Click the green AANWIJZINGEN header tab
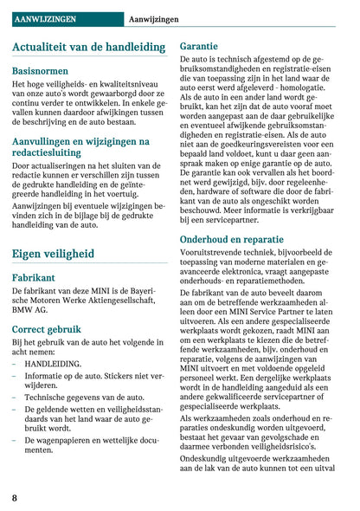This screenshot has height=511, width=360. coord(45,18)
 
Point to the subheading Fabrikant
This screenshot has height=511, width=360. coord(34,278)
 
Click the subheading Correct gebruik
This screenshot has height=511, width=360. coord(47,329)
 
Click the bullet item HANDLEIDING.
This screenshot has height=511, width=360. coord(54,365)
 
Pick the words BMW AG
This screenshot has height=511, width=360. coord(32,310)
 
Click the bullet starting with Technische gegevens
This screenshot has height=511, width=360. coord(78,397)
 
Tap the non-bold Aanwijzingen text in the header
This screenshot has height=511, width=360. coord(153,18)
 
